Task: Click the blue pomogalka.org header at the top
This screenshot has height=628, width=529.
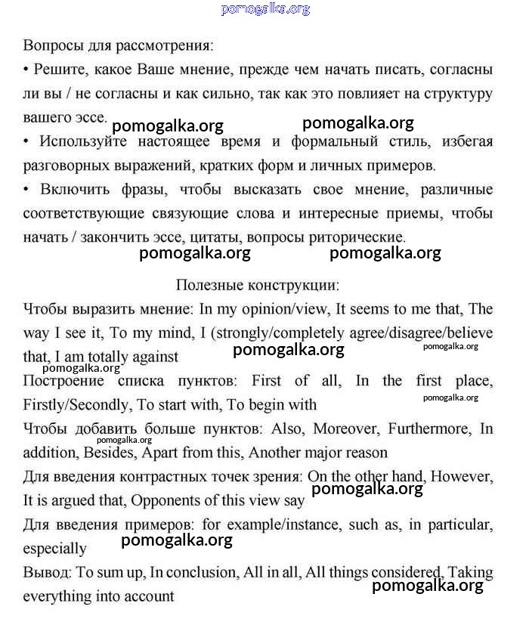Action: (x=265, y=9)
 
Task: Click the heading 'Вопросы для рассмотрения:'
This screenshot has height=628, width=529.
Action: (x=118, y=45)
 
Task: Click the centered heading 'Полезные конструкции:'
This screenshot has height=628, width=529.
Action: (x=258, y=286)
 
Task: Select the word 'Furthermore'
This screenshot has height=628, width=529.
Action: (x=428, y=428)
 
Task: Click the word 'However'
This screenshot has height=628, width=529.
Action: (x=462, y=477)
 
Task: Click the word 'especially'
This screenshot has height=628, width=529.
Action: (x=54, y=549)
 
